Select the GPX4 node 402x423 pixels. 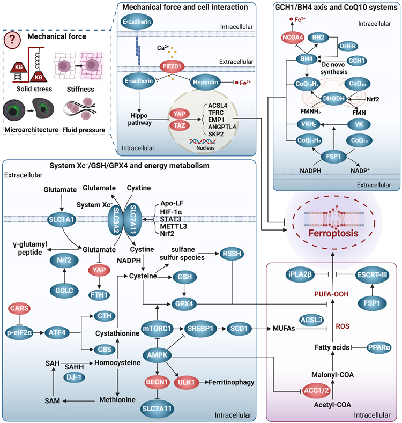click(184, 304)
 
